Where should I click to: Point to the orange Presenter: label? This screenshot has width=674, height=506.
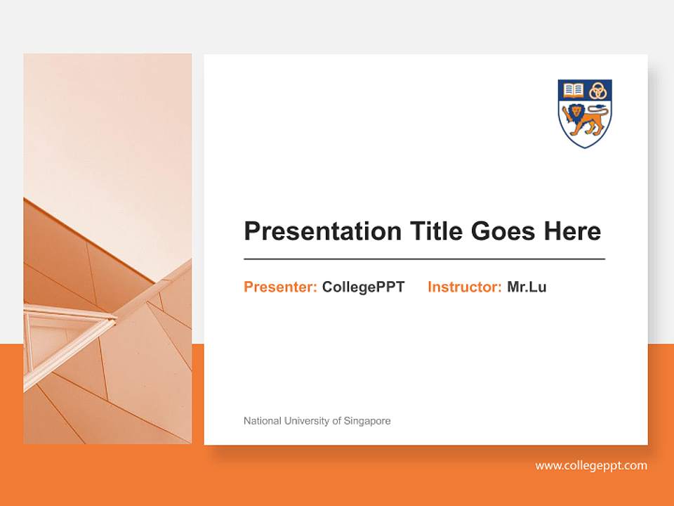[280, 287]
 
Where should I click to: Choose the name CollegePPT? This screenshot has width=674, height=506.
[363, 287]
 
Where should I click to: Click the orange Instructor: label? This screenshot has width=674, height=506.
[464, 287]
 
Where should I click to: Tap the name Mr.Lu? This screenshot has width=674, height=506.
[527, 287]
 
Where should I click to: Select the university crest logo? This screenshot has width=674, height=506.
[585, 112]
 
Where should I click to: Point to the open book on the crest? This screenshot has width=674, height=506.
[574, 90]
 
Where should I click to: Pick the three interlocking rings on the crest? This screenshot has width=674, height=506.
[597, 90]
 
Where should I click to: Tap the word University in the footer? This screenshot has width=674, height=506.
[306, 421]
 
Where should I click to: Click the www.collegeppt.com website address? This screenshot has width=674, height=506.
[591, 465]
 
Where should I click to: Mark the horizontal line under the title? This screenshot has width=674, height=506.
[424, 259]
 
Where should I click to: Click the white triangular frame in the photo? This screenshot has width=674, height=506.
[67, 330]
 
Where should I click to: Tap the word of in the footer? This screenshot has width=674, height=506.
[337, 421]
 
